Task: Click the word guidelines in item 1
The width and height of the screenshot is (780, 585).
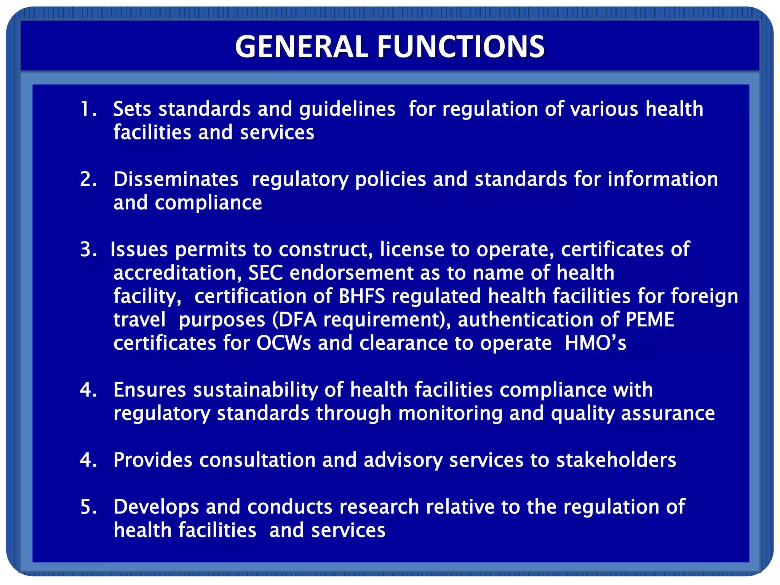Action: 347,110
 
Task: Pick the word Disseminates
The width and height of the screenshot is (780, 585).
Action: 176,179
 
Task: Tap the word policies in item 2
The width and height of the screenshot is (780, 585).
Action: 390,180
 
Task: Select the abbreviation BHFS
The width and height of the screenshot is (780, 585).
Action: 362,296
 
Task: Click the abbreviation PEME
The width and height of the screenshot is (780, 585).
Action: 650,320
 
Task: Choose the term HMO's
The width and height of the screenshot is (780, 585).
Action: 595,343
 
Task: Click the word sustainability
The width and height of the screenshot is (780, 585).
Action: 255,390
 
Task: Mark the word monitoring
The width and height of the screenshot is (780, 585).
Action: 450,414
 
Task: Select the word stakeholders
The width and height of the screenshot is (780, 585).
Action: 616,460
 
